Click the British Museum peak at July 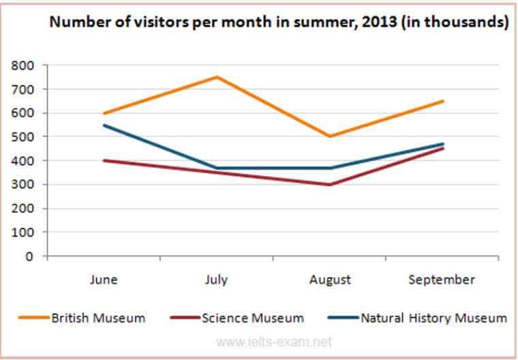click(x=217, y=77)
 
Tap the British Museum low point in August click(x=330, y=136)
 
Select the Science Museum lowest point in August click(x=330, y=185)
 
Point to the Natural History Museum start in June click(x=104, y=125)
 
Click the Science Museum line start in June click(x=104, y=160)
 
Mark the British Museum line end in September click(x=442, y=101)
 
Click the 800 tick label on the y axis click(x=22, y=65)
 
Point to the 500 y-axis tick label click(x=22, y=136)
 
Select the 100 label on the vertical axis click(x=22, y=232)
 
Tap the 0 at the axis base click(x=29, y=256)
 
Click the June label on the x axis click(x=104, y=280)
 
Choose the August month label click(x=330, y=280)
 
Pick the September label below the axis click(x=442, y=280)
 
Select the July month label click(x=216, y=280)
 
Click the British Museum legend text click(x=98, y=318)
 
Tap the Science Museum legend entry click(x=253, y=318)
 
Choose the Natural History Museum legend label click(x=433, y=318)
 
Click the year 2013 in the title click(x=379, y=22)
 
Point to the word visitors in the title click(x=157, y=22)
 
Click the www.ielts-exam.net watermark click(x=274, y=342)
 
